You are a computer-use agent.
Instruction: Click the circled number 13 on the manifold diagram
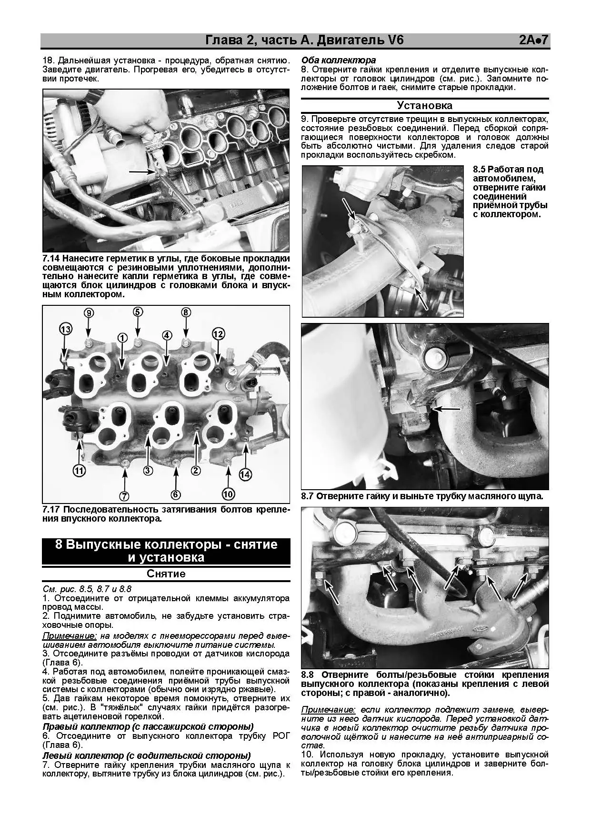(65, 329)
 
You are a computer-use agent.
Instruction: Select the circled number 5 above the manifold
(137, 312)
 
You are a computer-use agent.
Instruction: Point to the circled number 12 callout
(218, 334)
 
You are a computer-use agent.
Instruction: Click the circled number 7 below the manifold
(124, 496)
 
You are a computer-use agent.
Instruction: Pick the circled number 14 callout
(245, 474)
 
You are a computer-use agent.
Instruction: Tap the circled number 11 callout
(79, 471)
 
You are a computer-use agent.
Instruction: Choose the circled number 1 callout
(122, 338)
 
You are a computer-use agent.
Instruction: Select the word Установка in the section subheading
(425, 106)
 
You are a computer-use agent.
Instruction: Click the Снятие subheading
(166, 574)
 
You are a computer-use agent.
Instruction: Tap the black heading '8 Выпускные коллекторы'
(166, 551)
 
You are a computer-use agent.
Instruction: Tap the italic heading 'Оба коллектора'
(339, 60)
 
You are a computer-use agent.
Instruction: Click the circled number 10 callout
(229, 494)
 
